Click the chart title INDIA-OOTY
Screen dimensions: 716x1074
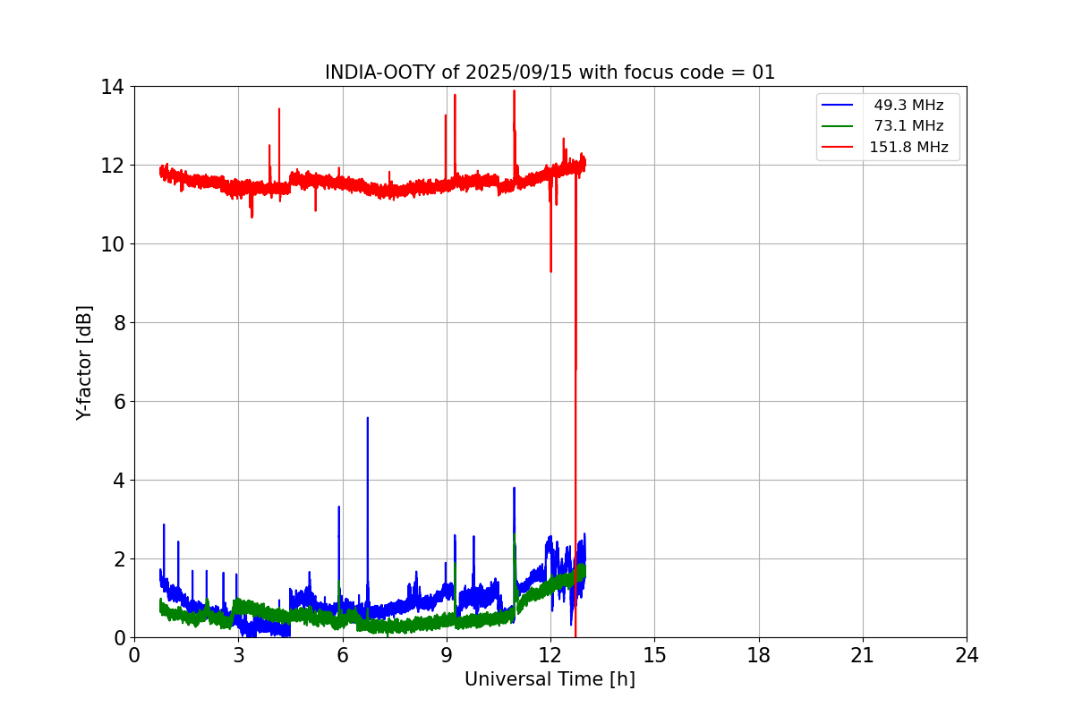[380, 72]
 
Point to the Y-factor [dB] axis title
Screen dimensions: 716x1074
[84, 362]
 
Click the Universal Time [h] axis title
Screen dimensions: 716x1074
[550, 679]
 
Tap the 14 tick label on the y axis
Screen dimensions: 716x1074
[113, 87]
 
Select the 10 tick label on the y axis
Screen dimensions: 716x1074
[113, 244]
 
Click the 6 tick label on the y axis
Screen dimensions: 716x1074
[118, 402]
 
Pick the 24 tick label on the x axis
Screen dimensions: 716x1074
[967, 655]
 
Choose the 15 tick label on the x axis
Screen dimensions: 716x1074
[654, 655]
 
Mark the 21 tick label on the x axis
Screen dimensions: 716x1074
[863, 655]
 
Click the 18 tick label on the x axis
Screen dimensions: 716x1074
[759, 655]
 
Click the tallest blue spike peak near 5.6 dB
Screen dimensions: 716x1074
[367, 417]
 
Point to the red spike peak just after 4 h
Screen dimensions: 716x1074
[279, 108]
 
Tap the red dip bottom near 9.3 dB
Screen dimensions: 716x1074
[550, 271]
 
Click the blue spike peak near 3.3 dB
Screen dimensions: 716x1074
[338, 507]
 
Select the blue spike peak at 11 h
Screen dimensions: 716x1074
[514, 488]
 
